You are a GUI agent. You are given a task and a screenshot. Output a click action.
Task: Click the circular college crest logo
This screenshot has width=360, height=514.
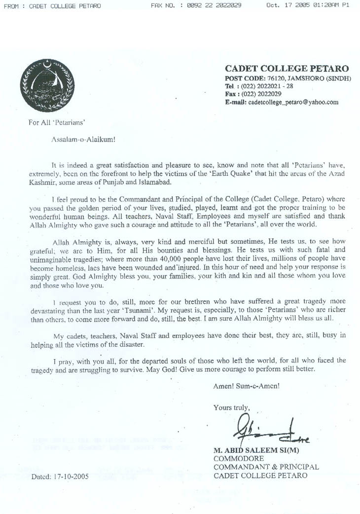click(x=47, y=85)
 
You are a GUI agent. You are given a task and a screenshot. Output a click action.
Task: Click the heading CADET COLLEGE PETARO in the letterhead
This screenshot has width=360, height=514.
click(x=287, y=69)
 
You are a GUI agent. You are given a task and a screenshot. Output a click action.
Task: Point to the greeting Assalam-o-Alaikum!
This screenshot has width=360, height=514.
click(x=83, y=139)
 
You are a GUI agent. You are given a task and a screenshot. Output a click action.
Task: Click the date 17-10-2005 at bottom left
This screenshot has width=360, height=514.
click(x=71, y=477)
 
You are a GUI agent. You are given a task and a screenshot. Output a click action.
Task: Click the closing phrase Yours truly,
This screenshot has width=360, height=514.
click(x=232, y=407)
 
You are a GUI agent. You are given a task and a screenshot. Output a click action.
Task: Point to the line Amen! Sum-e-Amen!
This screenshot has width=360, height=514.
click(x=247, y=385)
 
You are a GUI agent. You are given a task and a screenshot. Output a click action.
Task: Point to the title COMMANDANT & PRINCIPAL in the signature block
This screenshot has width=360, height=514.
click(x=266, y=467)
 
